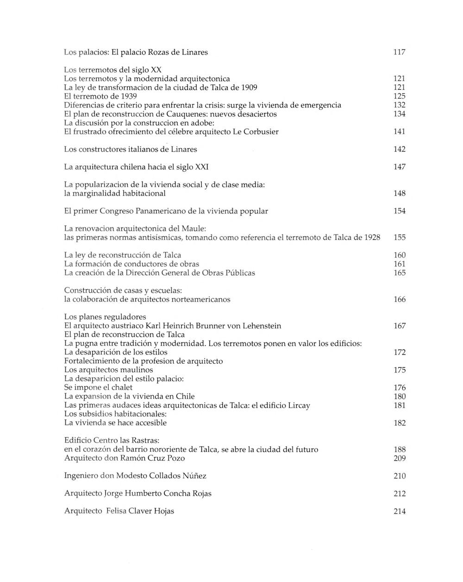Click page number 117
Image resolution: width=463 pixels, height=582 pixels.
399,52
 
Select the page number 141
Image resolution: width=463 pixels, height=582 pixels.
399,132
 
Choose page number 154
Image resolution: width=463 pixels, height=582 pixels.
399,211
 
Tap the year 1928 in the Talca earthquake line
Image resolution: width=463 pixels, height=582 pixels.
372,238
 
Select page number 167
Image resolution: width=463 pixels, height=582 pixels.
399,326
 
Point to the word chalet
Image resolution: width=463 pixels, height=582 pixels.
121,387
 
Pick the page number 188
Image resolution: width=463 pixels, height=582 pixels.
399,449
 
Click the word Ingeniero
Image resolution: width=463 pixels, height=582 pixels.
82,476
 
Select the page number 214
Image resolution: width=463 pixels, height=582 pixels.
399,512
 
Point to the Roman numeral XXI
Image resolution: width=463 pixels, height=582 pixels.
206,167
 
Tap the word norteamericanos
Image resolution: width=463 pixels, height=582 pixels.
201,299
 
